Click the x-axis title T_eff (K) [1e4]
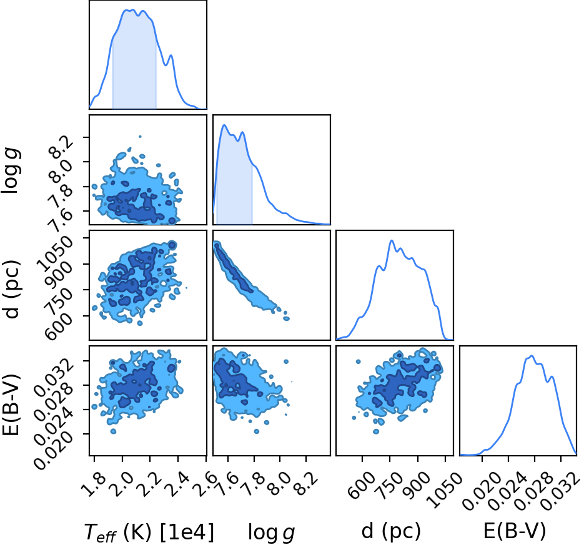[149, 532]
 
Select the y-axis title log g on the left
[11, 170]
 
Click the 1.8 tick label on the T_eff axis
[91, 484]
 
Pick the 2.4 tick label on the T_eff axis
[175, 484]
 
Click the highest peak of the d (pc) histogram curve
[392, 240]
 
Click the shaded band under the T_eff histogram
[134, 63]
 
